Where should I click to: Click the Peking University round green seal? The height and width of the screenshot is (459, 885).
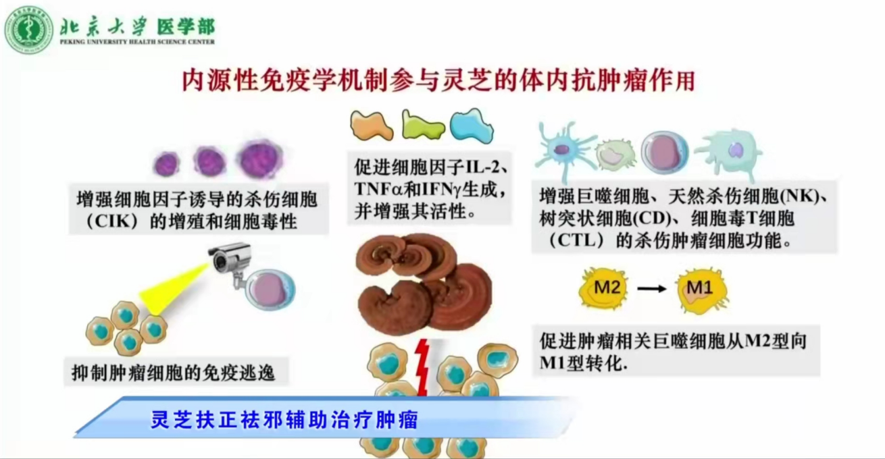coord(29,30)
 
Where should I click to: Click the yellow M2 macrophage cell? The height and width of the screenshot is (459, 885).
coord(603,288)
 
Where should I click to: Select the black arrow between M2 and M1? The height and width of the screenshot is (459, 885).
coord(652,289)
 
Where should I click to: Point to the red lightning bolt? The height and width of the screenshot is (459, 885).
coord(422,367)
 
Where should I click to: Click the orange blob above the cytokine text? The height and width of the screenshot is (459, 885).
coord(371,126)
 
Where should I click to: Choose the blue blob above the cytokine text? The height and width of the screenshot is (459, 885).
coord(472,126)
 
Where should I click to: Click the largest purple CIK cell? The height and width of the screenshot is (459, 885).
coord(260,159)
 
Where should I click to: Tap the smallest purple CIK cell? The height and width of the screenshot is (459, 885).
coord(166,163)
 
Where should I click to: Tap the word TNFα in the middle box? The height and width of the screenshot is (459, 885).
coord(378,189)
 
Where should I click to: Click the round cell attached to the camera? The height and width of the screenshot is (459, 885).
coord(270,290)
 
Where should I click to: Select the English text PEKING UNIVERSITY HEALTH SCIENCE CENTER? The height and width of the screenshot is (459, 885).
coord(137,42)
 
